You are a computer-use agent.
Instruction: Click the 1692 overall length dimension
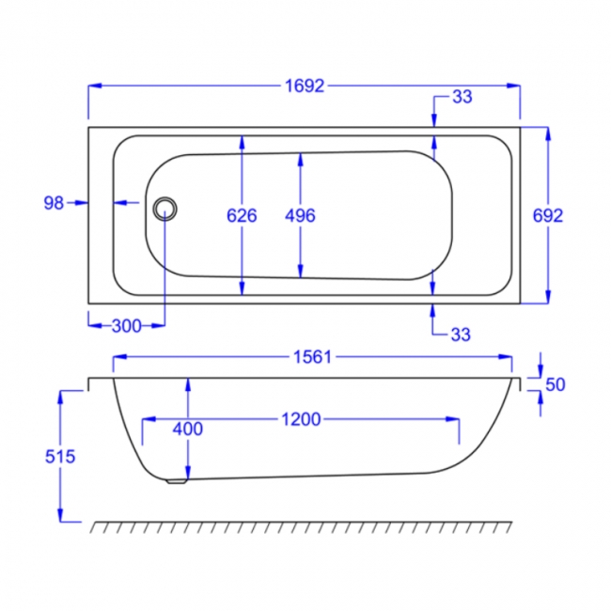pyautogui.click(x=304, y=86)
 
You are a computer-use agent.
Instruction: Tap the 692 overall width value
pyautogui.click(x=547, y=215)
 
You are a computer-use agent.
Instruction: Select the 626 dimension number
pyautogui.click(x=243, y=215)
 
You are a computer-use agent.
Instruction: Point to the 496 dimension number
pyautogui.click(x=300, y=215)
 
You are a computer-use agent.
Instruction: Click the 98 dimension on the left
pyautogui.click(x=53, y=202)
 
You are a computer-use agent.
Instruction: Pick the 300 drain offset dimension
pyautogui.click(x=125, y=326)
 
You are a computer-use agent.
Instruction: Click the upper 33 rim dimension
pyautogui.click(x=462, y=97)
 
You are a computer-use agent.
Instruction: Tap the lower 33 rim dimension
pyautogui.click(x=462, y=334)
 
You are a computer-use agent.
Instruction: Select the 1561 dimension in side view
pyautogui.click(x=312, y=357)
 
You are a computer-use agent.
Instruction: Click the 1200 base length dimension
pyautogui.click(x=299, y=419)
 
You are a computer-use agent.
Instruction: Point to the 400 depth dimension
pyautogui.click(x=188, y=429)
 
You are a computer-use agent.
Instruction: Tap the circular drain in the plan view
pyautogui.click(x=165, y=208)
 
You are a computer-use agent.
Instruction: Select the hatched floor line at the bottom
pyautogui.click(x=301, y=525)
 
